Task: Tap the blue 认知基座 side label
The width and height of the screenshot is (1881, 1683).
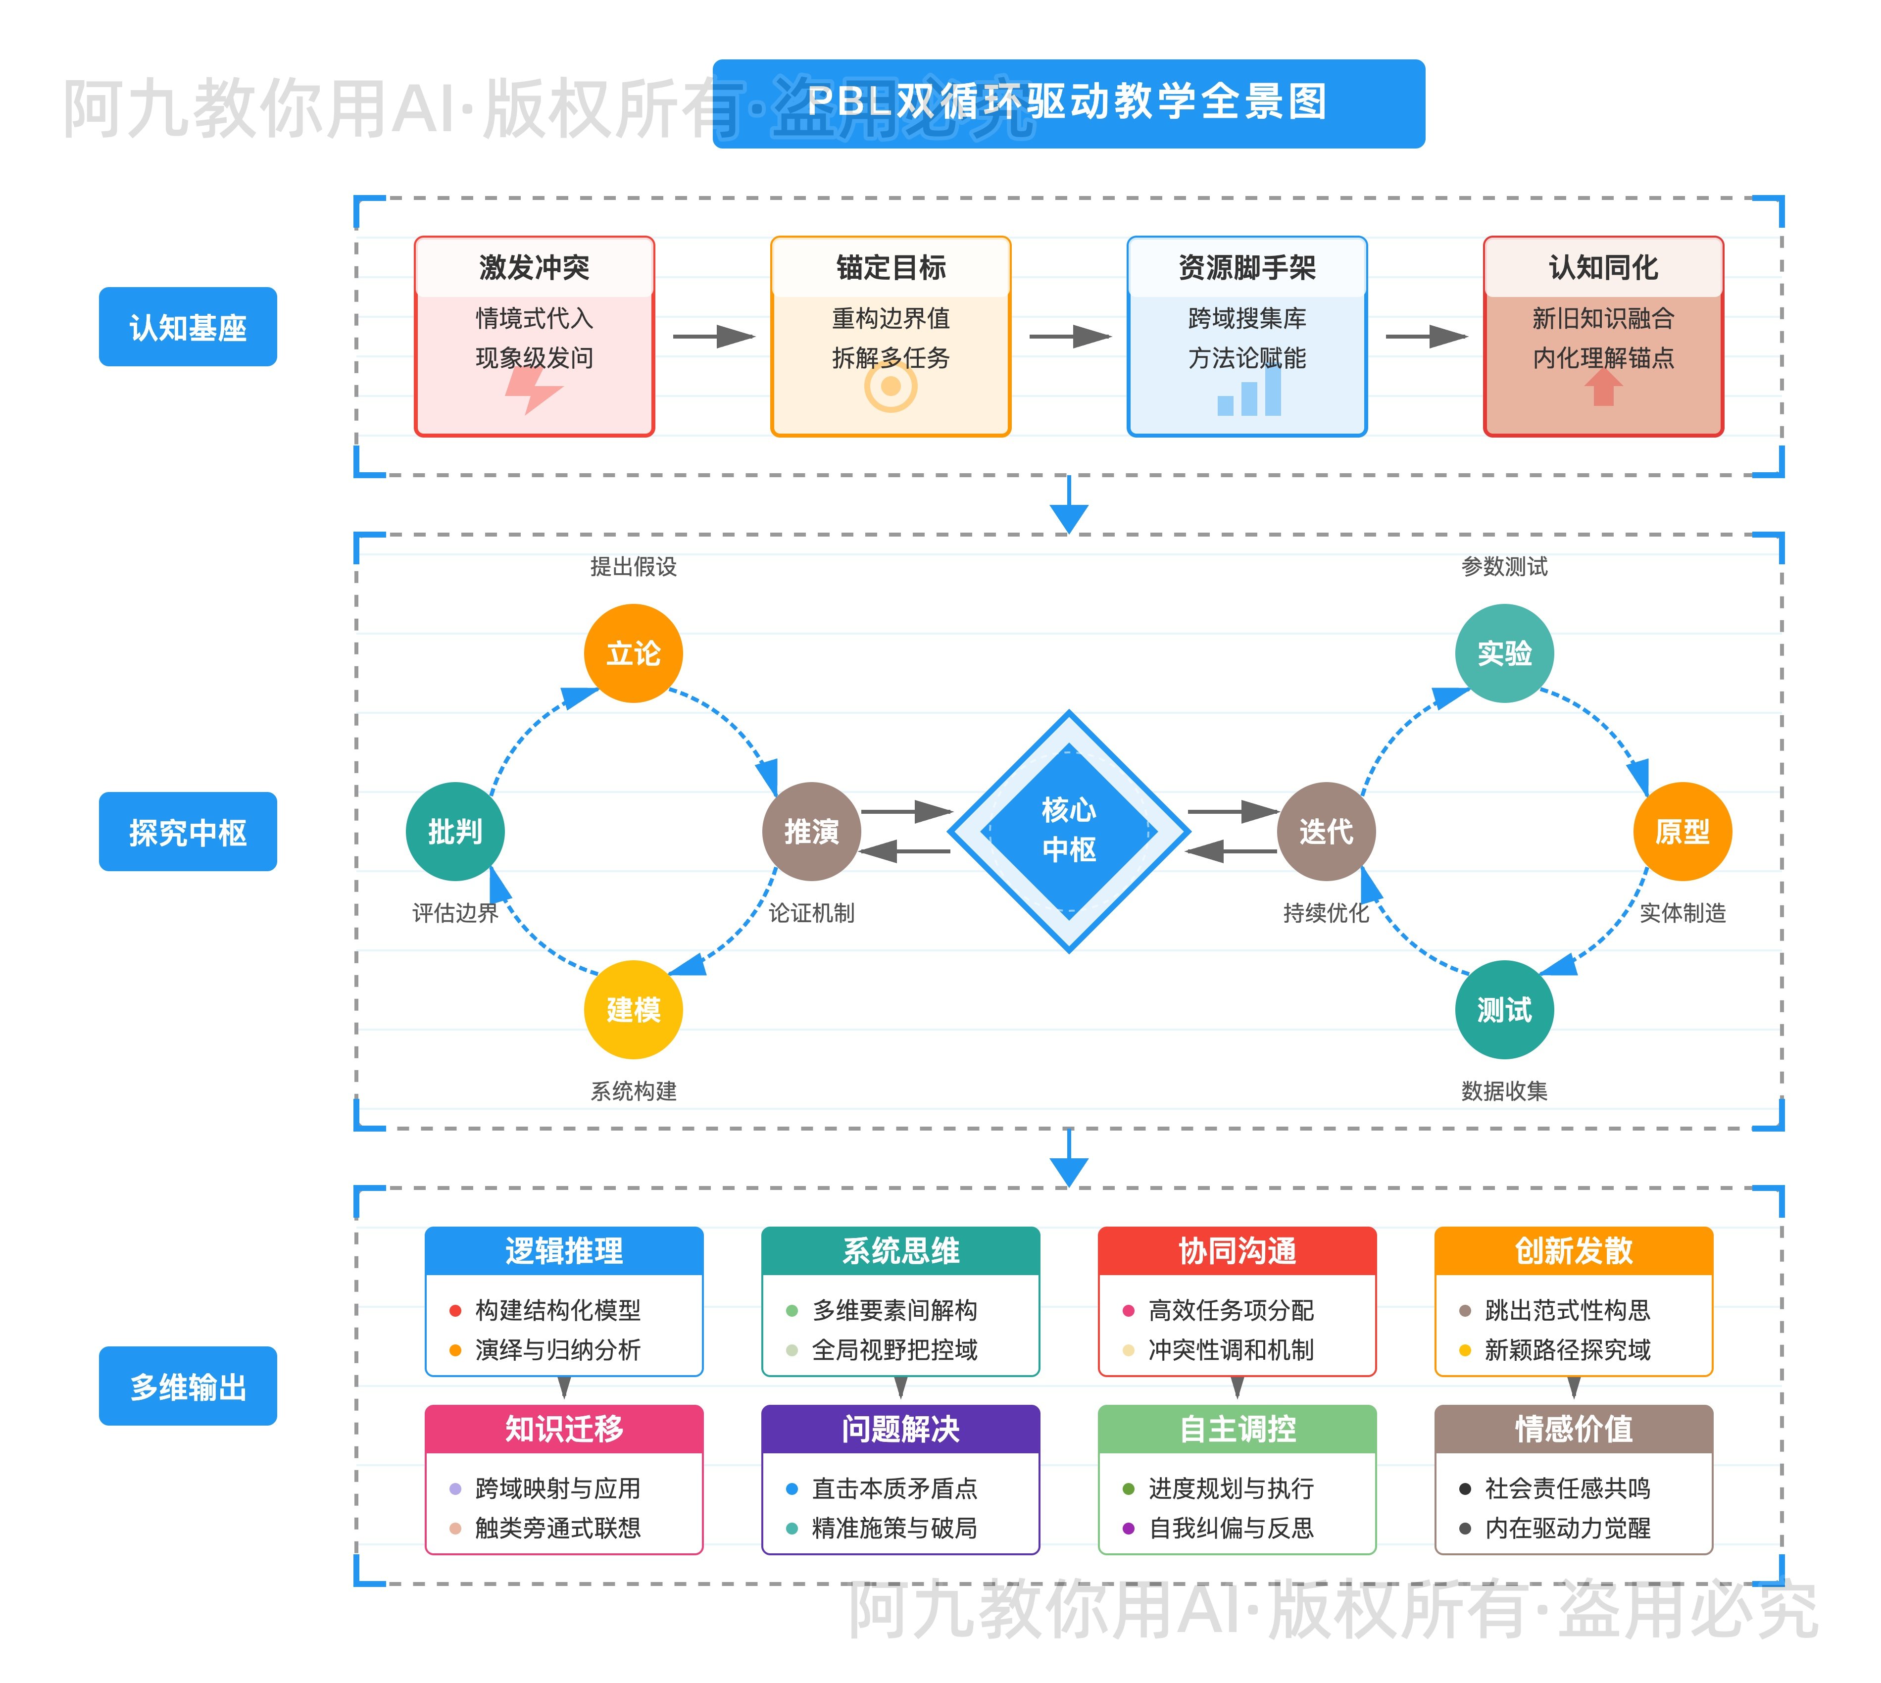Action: (x=188, y=327)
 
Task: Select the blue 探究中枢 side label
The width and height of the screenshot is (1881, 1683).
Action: (x=188, y=831)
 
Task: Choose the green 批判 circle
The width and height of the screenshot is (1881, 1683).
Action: (x=455, y=831)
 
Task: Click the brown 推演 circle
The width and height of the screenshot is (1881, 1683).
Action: (x=811, y=831)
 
